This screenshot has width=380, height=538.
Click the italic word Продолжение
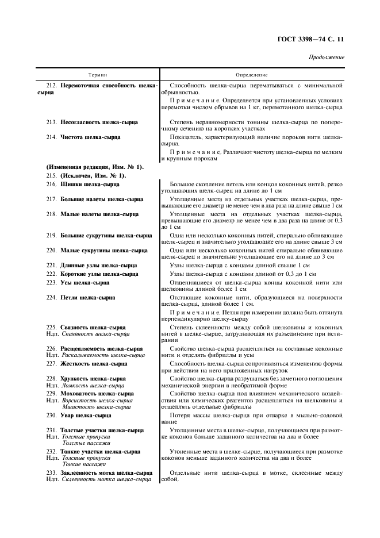(x=327, y=57)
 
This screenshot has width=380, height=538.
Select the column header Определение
(x=251, y=75)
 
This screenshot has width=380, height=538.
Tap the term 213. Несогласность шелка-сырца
(x=95, y=122)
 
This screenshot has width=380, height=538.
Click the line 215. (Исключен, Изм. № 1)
(x=86, y=175)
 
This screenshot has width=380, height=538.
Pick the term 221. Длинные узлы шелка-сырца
(x=91, y=266)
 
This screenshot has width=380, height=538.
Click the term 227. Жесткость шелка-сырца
(x=87, y=364)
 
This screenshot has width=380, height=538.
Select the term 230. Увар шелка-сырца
(x=79, y=415)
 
